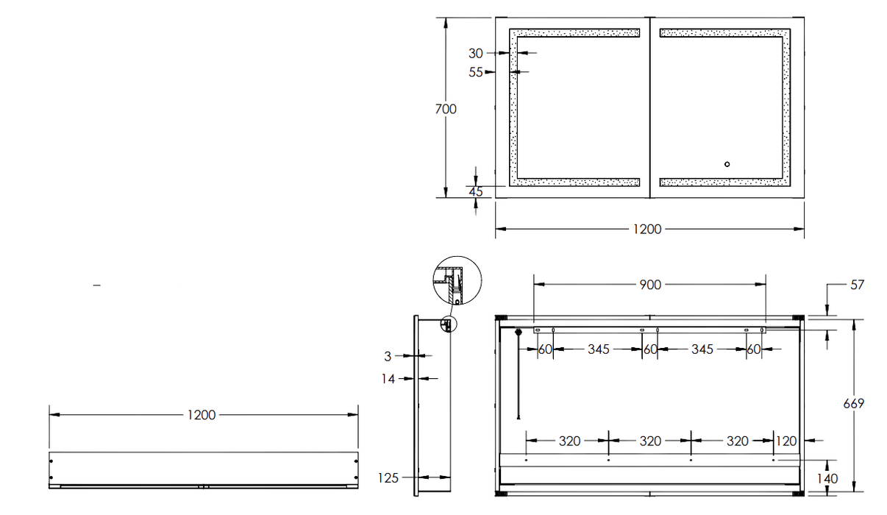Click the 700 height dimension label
tap(446, 109)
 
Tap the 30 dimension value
tap(476, 53)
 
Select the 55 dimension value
tap(476, 72)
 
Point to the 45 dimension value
tap(476, 192)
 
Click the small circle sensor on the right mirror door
tap(727, 164)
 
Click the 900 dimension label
tap(650, 285)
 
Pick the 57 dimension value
tap(858, 285)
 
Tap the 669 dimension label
tap(853, 404)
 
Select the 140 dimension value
tap(827, 478)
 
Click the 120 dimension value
tap(786, 441)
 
